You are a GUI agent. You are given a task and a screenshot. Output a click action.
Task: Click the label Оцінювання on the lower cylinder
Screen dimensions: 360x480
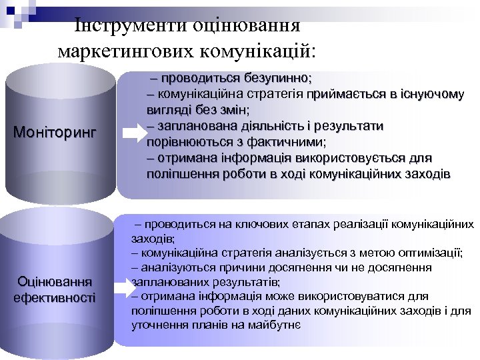click(55, 281)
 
